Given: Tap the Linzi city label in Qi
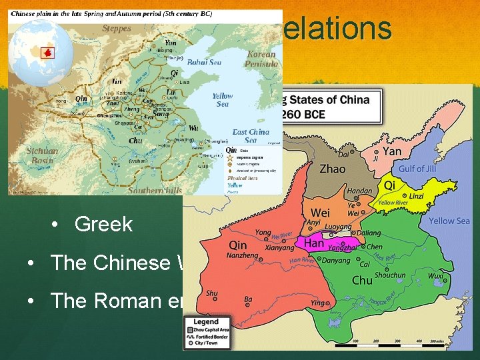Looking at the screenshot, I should tap(415, 196).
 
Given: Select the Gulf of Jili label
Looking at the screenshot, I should tap(421, 169).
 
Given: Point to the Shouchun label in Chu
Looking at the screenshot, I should tap(390, 275).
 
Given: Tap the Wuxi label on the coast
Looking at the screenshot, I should tap(437, 275).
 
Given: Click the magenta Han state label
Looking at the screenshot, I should tap(314, 244).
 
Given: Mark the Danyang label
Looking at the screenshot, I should tap(336, 261).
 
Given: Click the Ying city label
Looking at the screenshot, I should tap(318, 303).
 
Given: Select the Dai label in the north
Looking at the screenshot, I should tap(344, 153).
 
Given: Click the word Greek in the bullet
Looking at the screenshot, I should tap(103, 224).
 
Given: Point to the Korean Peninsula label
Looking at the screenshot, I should tap(261, 59).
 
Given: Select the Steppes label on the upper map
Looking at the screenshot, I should tap(117, 29).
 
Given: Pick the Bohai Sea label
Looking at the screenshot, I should tap(204, 62).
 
